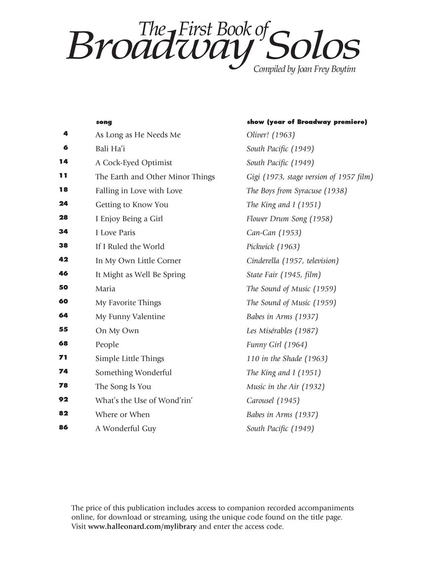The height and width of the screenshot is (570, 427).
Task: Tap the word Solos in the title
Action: [310, 47]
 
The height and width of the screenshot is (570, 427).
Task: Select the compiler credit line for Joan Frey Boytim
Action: [304, 69]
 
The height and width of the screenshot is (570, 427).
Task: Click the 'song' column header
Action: [104, 122]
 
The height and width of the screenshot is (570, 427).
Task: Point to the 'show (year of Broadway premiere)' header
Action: [306, 122]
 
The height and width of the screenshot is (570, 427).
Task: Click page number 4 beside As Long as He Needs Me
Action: [65, 134]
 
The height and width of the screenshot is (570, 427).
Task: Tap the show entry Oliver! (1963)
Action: [270, 135]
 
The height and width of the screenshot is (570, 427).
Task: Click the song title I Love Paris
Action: [115, 233]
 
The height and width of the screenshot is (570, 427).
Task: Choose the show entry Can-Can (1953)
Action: [274, 233]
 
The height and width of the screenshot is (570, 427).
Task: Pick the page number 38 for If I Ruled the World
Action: [63, 245]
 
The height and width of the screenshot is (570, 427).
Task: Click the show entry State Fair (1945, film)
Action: [284, 275]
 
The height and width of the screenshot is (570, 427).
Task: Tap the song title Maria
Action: [105, 288]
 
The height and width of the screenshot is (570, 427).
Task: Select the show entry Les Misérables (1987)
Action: [282, 331]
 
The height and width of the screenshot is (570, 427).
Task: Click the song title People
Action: [107, 344]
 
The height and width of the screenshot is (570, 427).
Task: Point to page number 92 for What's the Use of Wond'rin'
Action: [63, 399]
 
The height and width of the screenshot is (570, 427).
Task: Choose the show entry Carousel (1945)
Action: [273, 401]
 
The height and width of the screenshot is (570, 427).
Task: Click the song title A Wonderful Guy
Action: [126, 428]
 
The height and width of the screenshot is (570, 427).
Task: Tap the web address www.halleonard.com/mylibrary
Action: [142, 526]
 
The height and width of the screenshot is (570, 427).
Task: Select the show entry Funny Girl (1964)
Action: [277, 344]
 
